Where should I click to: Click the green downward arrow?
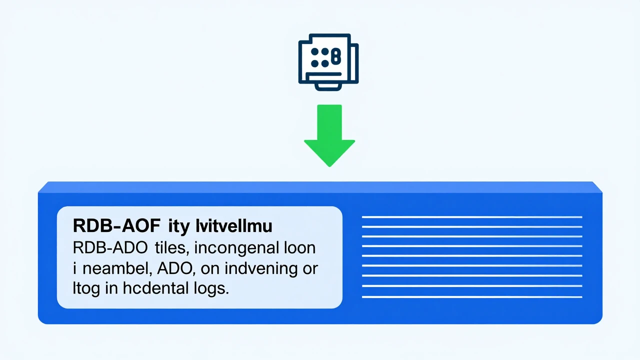(x=329, y=135)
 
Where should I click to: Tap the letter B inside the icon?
(x=336, y=56)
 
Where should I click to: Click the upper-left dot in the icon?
(x=314, y=51)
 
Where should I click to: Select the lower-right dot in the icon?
(x=325, y=63)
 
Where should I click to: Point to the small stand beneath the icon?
(x=328, y=87)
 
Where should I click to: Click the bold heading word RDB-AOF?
(x=116, y=225)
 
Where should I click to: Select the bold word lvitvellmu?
(x=234, y=225)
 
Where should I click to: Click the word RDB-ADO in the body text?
(x=110, y=247)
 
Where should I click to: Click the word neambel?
(x=117, y=269)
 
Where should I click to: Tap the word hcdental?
(x=156, y=288)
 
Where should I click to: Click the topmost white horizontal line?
(x=472, y=217)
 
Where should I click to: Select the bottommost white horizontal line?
(x=472, y=297)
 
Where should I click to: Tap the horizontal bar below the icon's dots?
(x=323, y=74)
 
